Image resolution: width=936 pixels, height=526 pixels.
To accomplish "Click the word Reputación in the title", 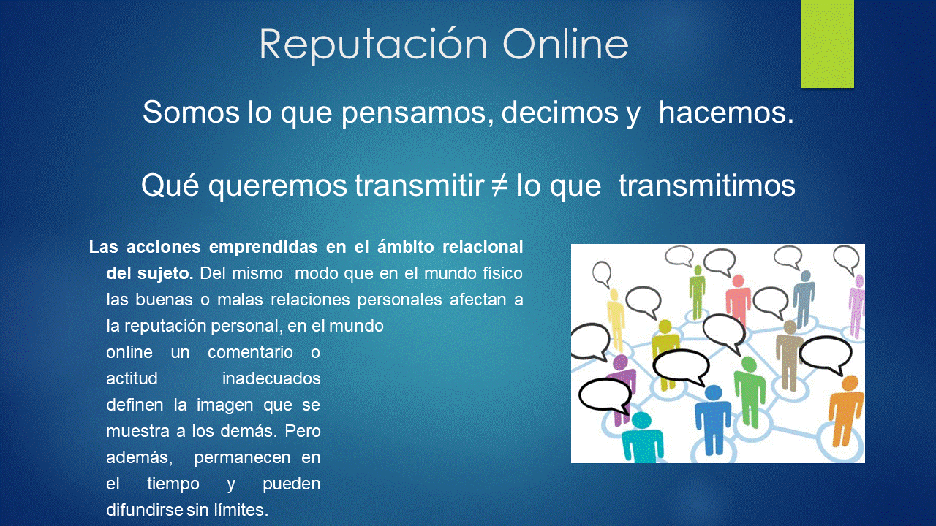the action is click(373, 45).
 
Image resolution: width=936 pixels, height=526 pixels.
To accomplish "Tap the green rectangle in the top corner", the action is click(827, 43).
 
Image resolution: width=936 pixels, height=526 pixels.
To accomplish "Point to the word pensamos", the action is click(418, 113).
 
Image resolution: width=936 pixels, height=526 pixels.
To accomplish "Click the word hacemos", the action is click(726, 112).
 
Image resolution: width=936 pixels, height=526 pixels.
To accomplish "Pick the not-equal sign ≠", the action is click(499, 185).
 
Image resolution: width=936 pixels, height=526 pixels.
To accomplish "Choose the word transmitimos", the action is click(706, 185).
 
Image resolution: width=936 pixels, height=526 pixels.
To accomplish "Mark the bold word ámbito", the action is click(405, 247).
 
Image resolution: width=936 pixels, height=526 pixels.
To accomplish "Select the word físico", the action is click(502, 273).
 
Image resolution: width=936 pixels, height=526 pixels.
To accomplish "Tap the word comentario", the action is click(250, 352).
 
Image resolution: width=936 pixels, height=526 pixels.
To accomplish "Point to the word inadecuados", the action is click(271, 378).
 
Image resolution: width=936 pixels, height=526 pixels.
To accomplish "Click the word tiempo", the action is click(173, 484).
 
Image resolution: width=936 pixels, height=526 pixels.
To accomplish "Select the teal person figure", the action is click(642, 438).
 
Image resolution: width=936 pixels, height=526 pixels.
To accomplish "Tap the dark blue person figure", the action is click(713, 419).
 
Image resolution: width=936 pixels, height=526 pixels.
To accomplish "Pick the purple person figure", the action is click(622, 388).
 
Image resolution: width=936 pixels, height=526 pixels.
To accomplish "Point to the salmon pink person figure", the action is click(739, 300).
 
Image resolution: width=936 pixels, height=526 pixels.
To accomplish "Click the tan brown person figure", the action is click(788, 355).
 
